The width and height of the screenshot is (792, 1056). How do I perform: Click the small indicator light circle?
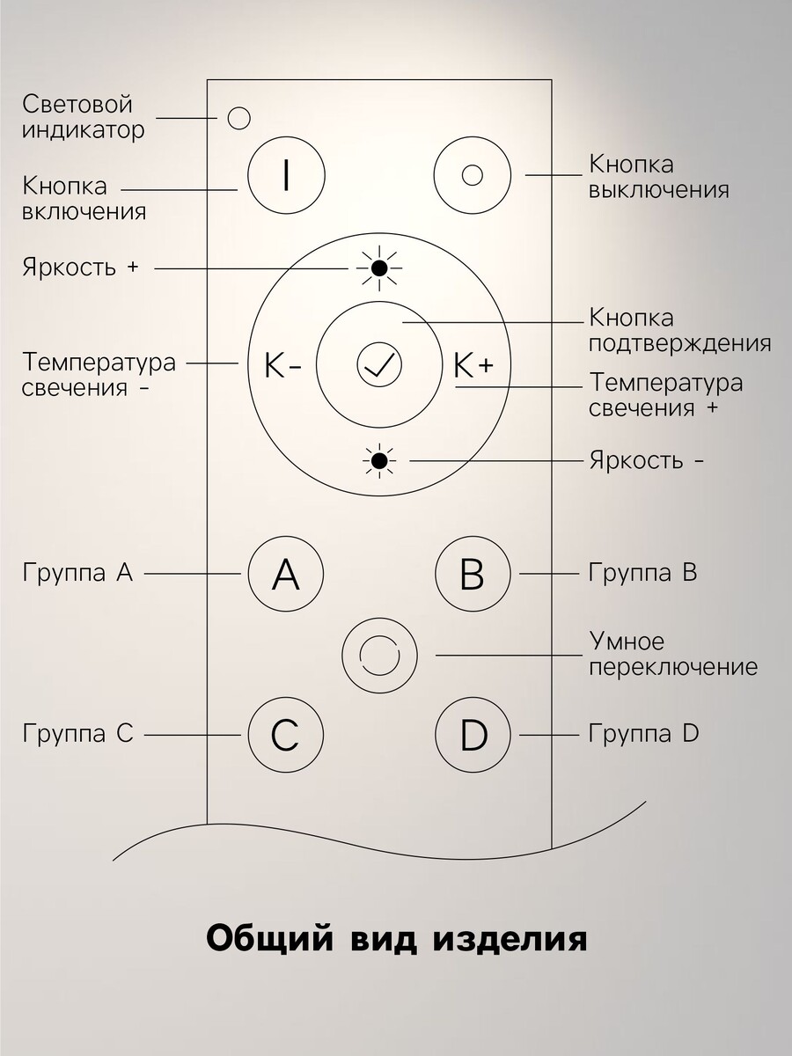pos(238,118)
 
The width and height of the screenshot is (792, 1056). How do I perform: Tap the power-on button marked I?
pos(286,176)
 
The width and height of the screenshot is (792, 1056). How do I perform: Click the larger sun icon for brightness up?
pos(379,268)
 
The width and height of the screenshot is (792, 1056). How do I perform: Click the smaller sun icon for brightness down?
pos(379,461)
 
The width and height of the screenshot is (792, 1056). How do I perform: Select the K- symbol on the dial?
pos(282,366)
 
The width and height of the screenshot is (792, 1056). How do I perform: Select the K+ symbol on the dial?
pos(473,365)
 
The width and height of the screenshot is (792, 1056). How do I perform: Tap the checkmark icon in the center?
pos(379,364)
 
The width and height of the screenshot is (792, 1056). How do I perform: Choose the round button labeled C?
pos(286,735)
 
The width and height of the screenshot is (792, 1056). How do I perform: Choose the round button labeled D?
pos(473,735)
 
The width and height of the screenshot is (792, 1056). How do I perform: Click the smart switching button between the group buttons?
pos(379,656)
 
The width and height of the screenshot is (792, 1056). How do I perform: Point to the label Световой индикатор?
pos(84,117)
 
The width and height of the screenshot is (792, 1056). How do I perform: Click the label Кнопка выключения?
pos(659,177)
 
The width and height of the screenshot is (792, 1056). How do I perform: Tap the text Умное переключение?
pos(673,655)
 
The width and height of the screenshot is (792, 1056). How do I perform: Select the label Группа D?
pos(644,734)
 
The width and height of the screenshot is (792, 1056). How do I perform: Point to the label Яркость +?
pos(80,267)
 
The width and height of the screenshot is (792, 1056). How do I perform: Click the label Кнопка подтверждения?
pos(680,332)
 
